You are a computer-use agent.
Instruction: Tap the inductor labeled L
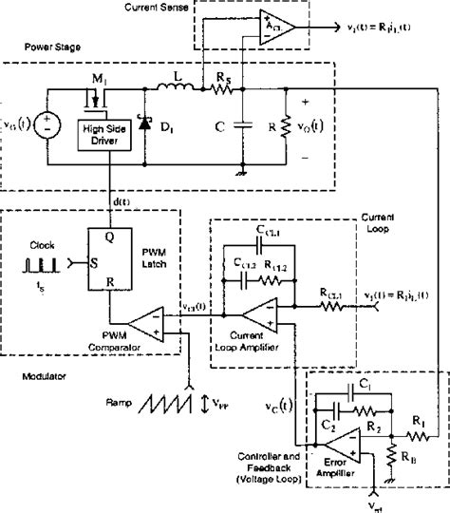178,91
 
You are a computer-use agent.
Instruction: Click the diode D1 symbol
143,123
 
